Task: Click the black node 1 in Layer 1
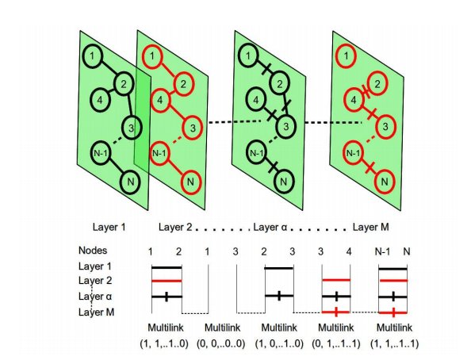(93, 56)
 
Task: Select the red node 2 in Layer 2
(183, 84)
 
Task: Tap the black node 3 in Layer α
(285, 127)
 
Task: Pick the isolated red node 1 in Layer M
(346, 56)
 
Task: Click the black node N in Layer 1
(131, 182)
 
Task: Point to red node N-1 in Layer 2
(159, 153)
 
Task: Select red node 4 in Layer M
(354, 100)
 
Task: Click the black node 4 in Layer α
(256, 100)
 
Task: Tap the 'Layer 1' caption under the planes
(109, 227)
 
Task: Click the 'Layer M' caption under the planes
(370, 227)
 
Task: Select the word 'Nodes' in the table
(93, 250)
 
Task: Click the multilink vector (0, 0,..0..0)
(220, 343)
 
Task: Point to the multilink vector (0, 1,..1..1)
(336, 343)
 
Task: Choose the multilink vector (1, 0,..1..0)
(279, 343)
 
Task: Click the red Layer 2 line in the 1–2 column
(167, 281)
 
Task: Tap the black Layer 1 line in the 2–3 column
(279, 268)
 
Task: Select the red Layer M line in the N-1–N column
(393, 313)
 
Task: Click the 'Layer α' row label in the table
(95, 297)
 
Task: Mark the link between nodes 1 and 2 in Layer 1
(108, 70)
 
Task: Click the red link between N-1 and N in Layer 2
(174, 167)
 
